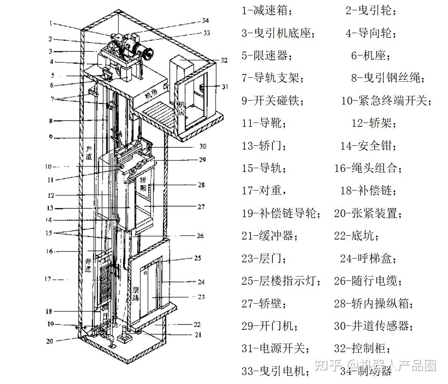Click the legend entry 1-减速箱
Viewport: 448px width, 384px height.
click(266, 10)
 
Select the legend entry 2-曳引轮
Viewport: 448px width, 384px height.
click(371, 10)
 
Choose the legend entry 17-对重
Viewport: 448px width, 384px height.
click(264, 190)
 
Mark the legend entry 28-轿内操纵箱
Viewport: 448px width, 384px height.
click(374, 303)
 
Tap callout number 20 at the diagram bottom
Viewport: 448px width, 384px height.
click(50, 341)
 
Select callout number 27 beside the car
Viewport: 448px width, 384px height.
click(201, 207)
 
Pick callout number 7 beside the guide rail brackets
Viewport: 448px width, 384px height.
click(52, 98)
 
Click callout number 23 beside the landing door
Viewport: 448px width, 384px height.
click(201, 297)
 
